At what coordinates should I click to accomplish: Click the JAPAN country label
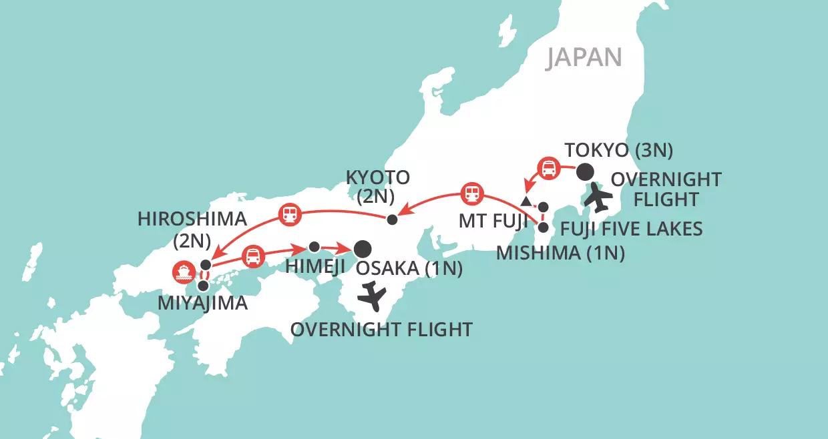pos(584,57)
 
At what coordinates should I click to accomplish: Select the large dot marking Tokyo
pos(585,171)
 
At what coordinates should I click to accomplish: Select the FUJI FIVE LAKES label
pos(631,230)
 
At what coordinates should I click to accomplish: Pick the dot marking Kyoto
pos(393,220)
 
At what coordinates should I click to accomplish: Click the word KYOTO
pos(377,177)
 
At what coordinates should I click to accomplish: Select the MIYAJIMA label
pos(202,304)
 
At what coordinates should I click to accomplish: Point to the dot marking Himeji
pos(314,246)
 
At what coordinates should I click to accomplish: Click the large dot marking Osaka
pos(363,249)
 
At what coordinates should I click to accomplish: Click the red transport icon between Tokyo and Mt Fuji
pos(548,167)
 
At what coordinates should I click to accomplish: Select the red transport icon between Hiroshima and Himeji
pos(253,256)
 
